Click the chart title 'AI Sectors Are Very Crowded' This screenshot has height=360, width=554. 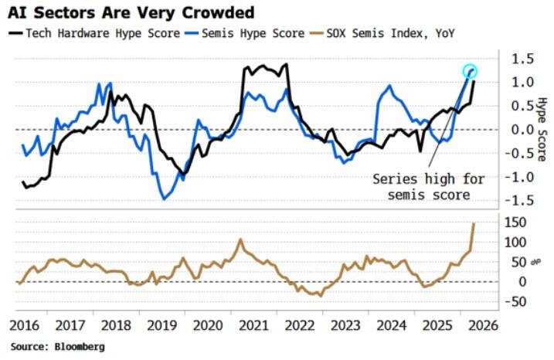(131, 13)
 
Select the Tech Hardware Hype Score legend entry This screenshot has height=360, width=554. (94, 33)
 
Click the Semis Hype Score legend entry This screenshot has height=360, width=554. (244, 33)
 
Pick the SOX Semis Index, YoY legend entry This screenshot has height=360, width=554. (382, 33)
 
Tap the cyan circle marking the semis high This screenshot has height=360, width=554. (470, 65)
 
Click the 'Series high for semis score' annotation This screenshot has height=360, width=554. (429, 187)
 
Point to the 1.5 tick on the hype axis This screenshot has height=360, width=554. (523, 59)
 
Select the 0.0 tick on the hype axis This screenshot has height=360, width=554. (523, 130)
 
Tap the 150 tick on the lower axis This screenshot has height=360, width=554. (515, 222)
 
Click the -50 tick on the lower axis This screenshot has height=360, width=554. (515, 302)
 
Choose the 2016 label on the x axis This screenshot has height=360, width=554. (25, 325)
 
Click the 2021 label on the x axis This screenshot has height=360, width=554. (253, 325)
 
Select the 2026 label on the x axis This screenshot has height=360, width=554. (484, 325)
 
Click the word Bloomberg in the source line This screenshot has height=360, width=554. (80, 347)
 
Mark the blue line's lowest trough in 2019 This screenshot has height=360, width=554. (164, 199)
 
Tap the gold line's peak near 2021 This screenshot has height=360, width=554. (240, 239)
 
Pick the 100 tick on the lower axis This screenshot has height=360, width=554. (515, 243)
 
